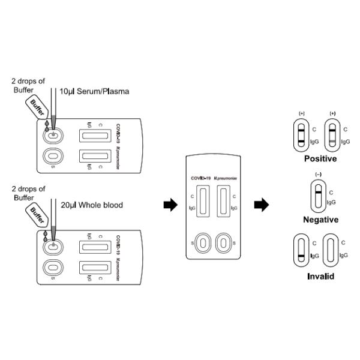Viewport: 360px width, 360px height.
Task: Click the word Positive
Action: tap(320, 159)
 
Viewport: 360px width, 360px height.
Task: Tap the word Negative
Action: tap(320, 220)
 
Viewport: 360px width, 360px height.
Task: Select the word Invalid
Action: tap(320, 277)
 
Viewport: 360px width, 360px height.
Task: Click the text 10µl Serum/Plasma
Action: tap(94, 91)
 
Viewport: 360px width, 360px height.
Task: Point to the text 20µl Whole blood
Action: tap(91, 205)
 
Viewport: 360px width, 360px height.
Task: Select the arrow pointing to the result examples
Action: tap(261, 206)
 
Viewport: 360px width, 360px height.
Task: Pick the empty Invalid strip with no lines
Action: tap(330, 252)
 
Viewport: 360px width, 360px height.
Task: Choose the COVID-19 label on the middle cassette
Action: tap(202, 178)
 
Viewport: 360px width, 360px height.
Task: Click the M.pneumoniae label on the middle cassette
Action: tap(227, 178)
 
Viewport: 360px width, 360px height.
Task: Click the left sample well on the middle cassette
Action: tap(204, 243)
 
